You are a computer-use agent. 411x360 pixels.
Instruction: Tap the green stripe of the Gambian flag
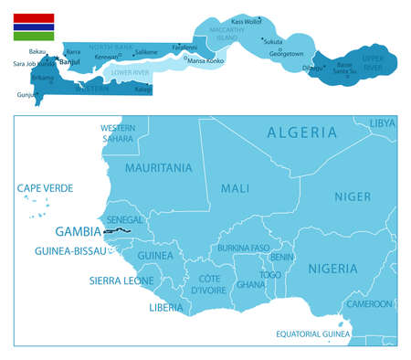(32, 37)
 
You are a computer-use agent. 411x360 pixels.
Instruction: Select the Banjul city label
(68, 62)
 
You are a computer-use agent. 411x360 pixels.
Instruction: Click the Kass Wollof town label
(246, 21)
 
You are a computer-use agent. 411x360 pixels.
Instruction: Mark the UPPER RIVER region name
(372, 64)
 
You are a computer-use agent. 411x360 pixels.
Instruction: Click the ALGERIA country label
(301, 132)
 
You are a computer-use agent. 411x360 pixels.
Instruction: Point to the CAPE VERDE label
(45, 188)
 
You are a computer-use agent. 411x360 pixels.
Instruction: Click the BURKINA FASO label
(243, 248)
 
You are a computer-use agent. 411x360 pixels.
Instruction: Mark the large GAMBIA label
(78, 231)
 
